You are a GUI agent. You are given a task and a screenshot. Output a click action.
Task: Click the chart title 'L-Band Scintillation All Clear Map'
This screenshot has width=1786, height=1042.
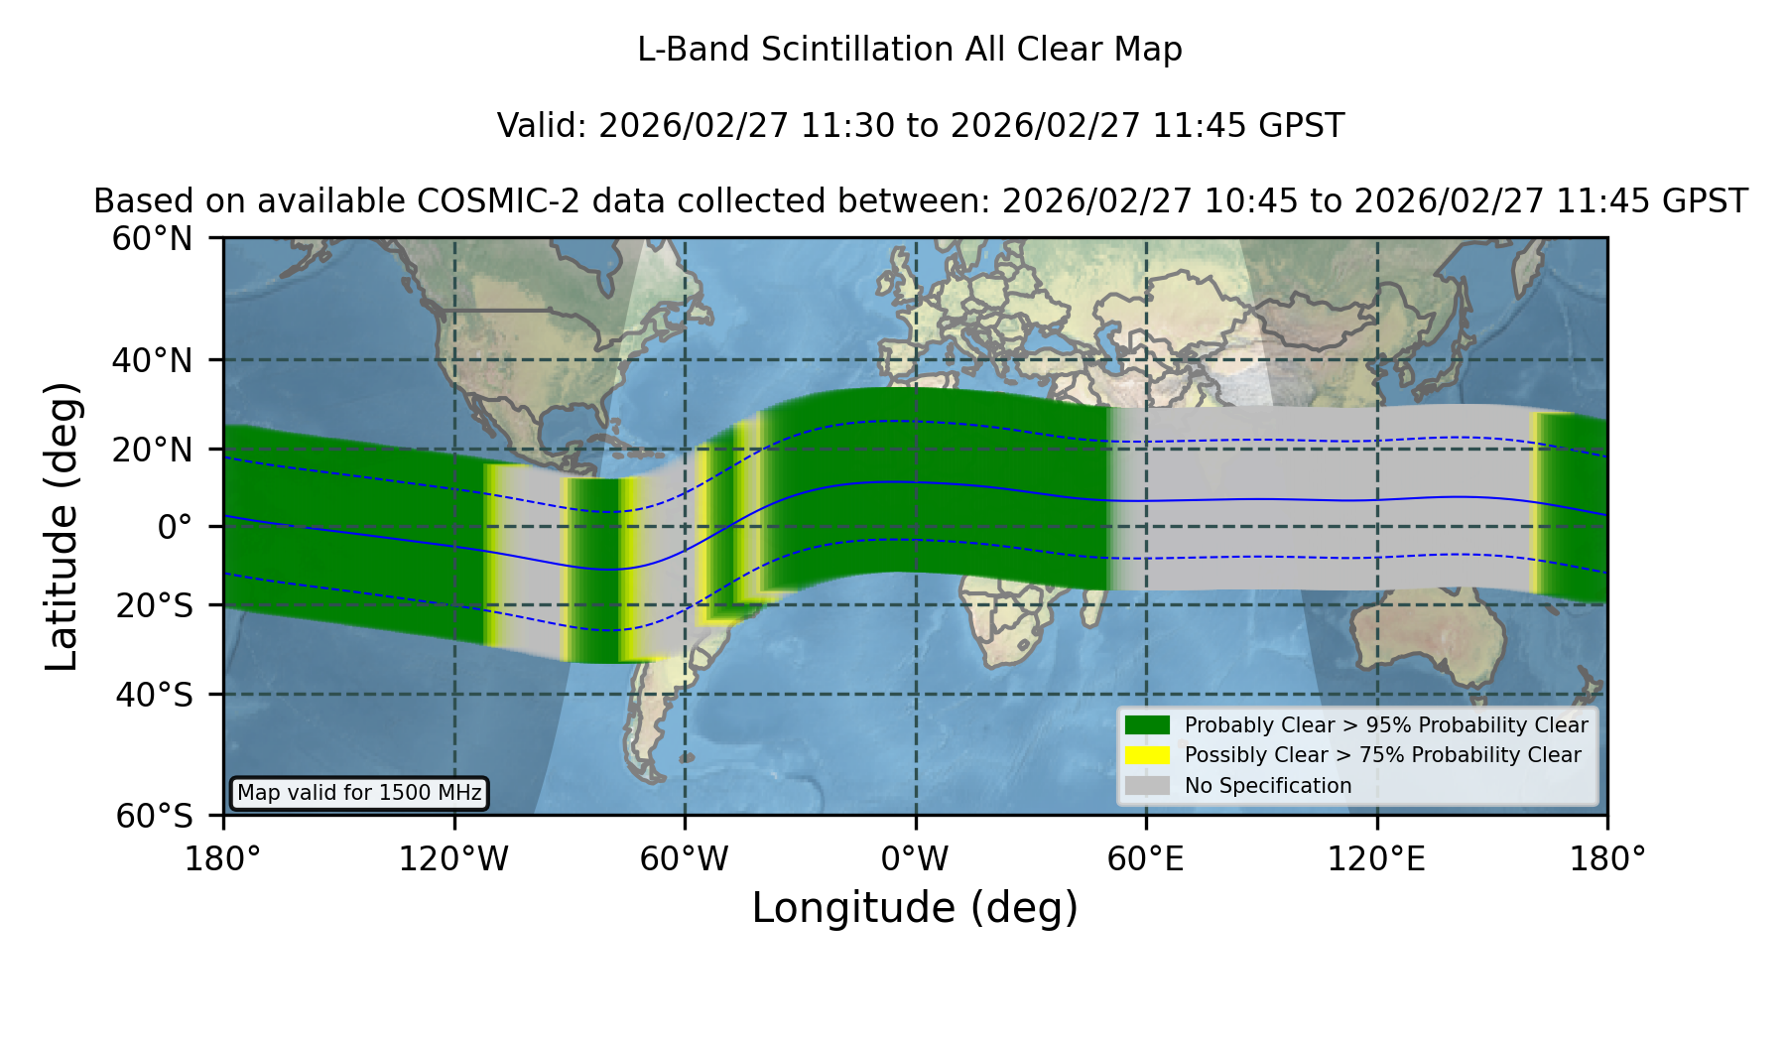pos(909,50)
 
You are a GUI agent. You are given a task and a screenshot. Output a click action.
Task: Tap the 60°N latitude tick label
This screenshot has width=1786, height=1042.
pos(153,239)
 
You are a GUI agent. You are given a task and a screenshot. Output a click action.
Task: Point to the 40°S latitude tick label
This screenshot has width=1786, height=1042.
pos(154,695)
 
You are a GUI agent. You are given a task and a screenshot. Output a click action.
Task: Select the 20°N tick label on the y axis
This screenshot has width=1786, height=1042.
pos(153,450)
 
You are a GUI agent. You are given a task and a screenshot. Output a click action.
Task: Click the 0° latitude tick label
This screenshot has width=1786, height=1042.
pos(175,527)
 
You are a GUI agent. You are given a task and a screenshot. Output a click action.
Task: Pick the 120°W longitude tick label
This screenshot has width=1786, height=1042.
pos(453,858)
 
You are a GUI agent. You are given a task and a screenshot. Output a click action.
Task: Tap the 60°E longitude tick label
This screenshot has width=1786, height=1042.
pos(1146,858)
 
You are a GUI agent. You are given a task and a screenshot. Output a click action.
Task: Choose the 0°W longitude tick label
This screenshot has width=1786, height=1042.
pos(915,858)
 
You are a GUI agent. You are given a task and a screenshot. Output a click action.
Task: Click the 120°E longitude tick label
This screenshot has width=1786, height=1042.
pos(1377,858)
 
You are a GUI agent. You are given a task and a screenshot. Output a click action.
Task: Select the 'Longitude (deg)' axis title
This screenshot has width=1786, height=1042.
pos(915,908)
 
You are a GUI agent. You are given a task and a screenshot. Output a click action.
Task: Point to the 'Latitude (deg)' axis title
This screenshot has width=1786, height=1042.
pos(62,526)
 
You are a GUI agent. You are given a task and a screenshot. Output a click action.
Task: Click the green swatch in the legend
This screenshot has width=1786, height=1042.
pos(1147,724)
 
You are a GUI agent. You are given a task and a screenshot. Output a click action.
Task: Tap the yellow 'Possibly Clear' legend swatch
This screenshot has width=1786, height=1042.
pos(1147,755)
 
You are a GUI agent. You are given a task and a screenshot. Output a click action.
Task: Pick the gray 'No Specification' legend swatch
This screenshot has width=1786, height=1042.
pos(1147,786)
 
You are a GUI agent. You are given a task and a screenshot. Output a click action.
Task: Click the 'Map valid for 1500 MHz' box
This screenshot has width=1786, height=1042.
pos(359,793)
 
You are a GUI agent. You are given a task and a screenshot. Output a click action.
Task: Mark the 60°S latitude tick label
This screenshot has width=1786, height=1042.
pos(154,816)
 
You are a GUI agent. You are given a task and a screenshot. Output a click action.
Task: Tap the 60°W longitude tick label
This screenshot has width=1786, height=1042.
pos(684,858)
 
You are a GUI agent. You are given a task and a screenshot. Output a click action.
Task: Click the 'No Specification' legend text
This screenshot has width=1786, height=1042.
pos(1268,786)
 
